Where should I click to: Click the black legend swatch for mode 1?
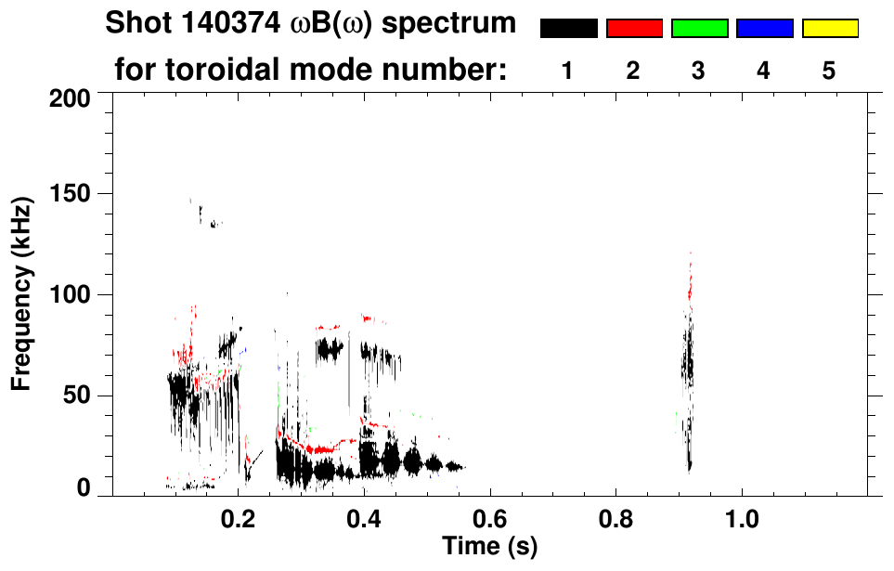[568, 29]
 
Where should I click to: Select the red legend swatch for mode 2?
[634, 29]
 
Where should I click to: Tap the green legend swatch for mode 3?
[699, 29]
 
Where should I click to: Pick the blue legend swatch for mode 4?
[764, 29]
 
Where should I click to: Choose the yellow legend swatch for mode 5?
[829, 29]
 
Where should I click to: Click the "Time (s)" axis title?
[489, 545]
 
